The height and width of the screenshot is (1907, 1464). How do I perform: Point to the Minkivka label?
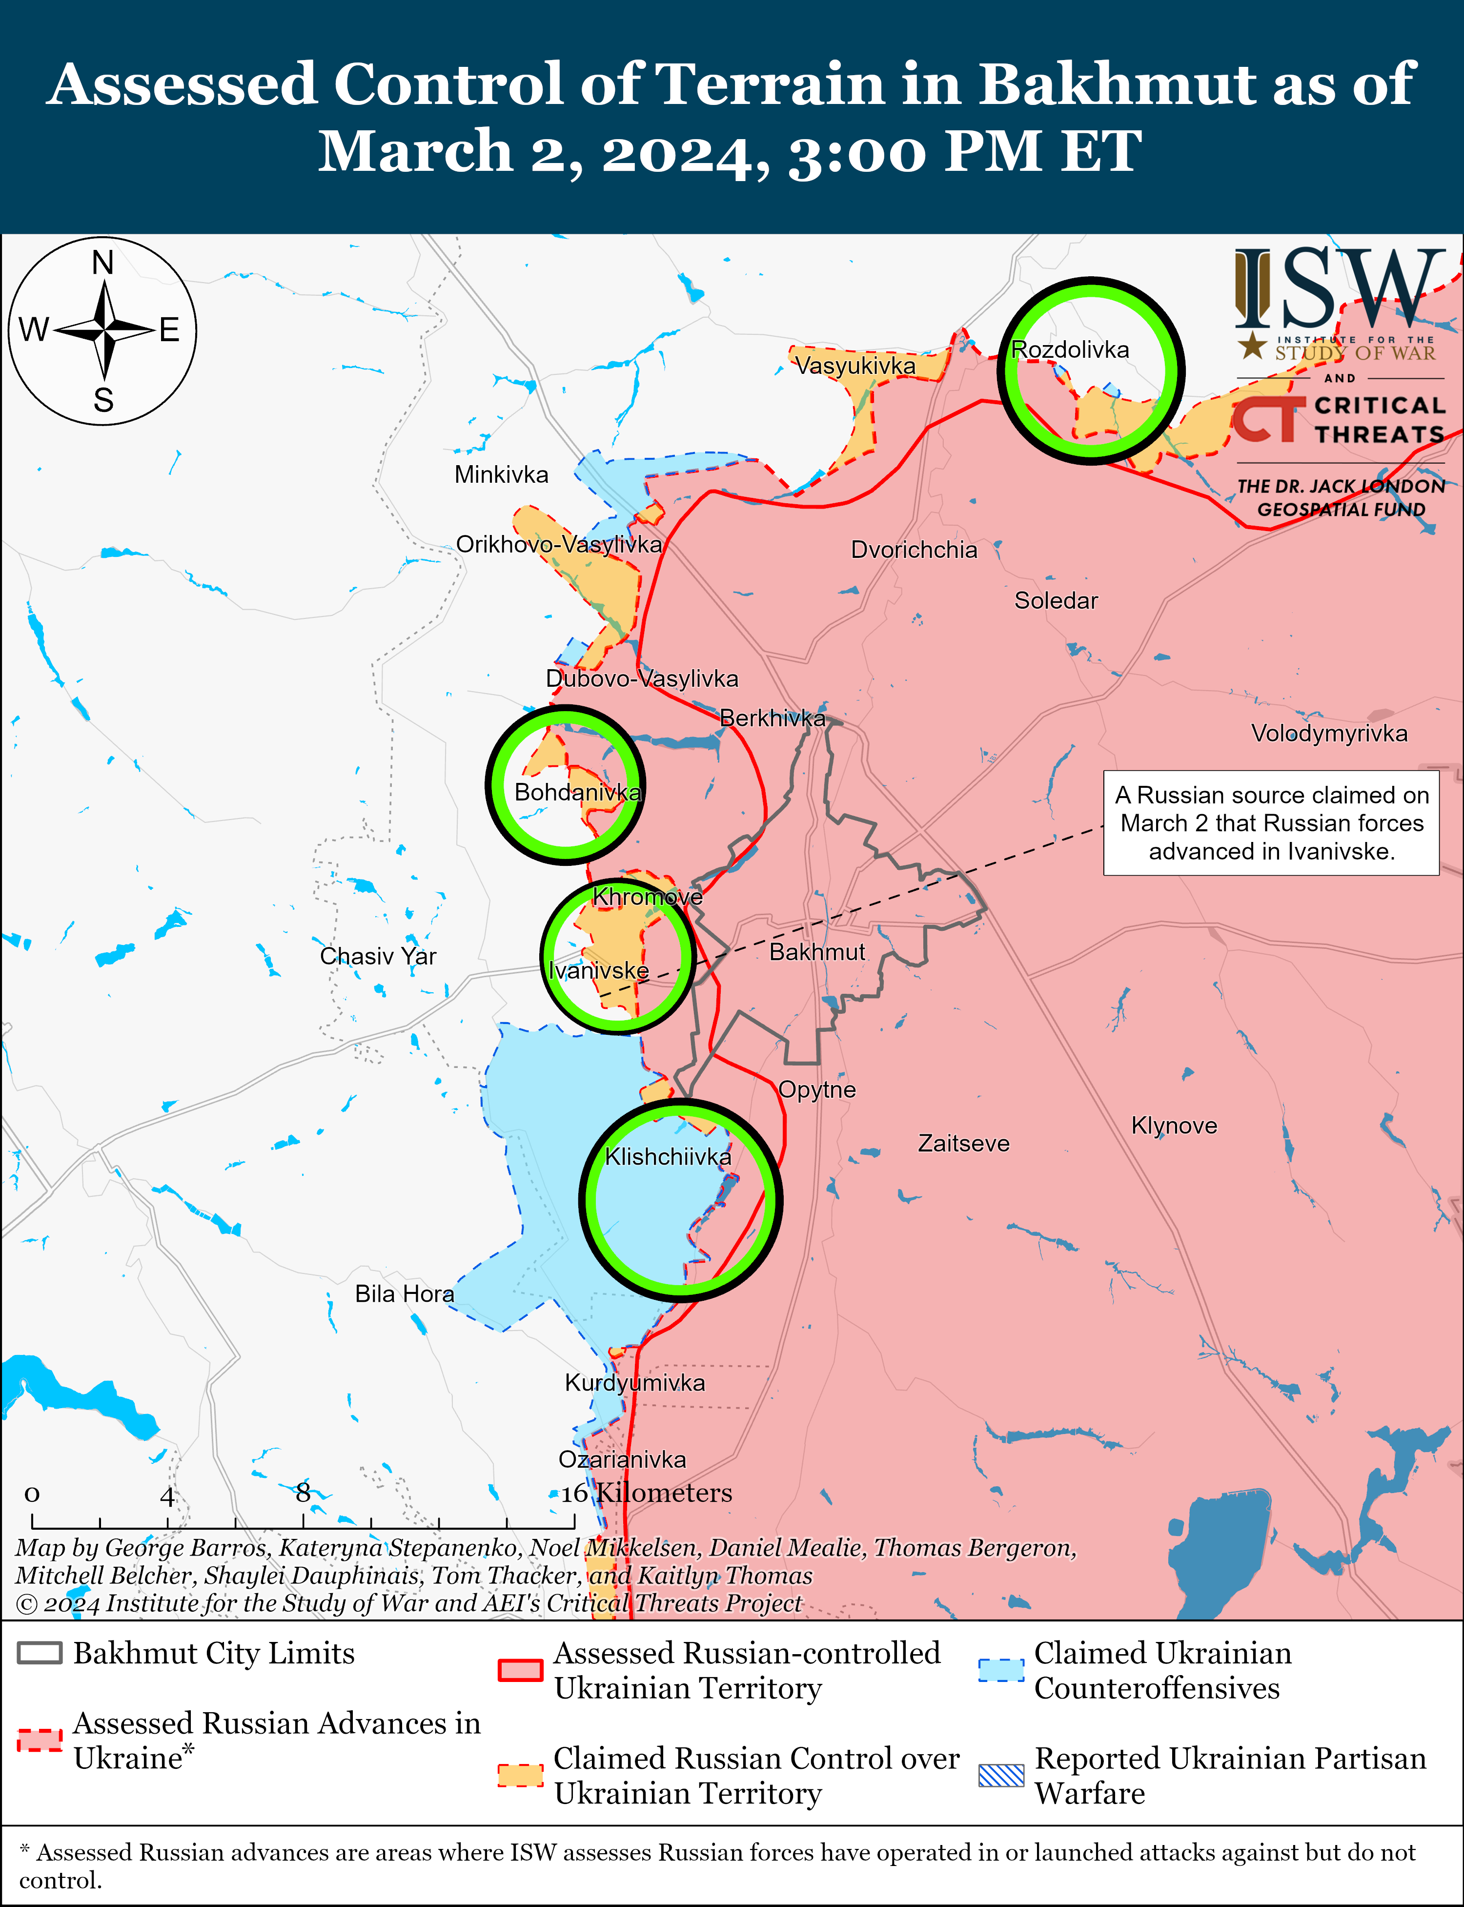501,475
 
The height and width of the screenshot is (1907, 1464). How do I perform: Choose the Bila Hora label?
405,1293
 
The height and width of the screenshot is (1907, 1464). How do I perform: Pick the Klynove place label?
1173,1125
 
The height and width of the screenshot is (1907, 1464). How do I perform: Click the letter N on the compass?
103,262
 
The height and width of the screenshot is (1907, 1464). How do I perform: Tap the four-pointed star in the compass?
103,330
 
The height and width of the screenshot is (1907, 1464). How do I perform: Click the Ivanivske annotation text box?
1271,823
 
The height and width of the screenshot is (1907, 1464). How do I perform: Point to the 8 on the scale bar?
303,1493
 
